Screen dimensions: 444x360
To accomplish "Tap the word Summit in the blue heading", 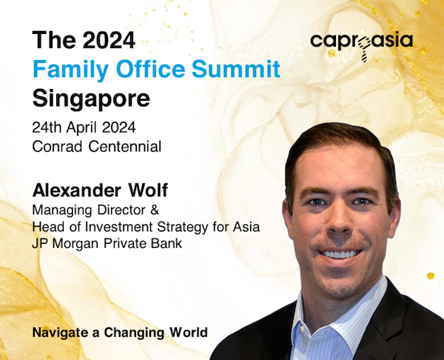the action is [236, 69].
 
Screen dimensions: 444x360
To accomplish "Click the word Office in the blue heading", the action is [150, 69].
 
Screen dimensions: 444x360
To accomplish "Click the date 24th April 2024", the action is [84, 127].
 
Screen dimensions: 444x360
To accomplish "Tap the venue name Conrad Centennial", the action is [96, 147].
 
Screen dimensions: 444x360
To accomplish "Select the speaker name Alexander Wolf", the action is [100, 190].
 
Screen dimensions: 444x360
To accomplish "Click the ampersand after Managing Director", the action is [155, 210].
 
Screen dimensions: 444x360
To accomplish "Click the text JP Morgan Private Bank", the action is [107, 244].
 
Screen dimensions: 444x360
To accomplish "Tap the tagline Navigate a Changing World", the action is [120, 333].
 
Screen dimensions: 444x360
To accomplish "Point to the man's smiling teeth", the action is [340, 254].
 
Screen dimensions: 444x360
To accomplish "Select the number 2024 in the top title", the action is [109, 40].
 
